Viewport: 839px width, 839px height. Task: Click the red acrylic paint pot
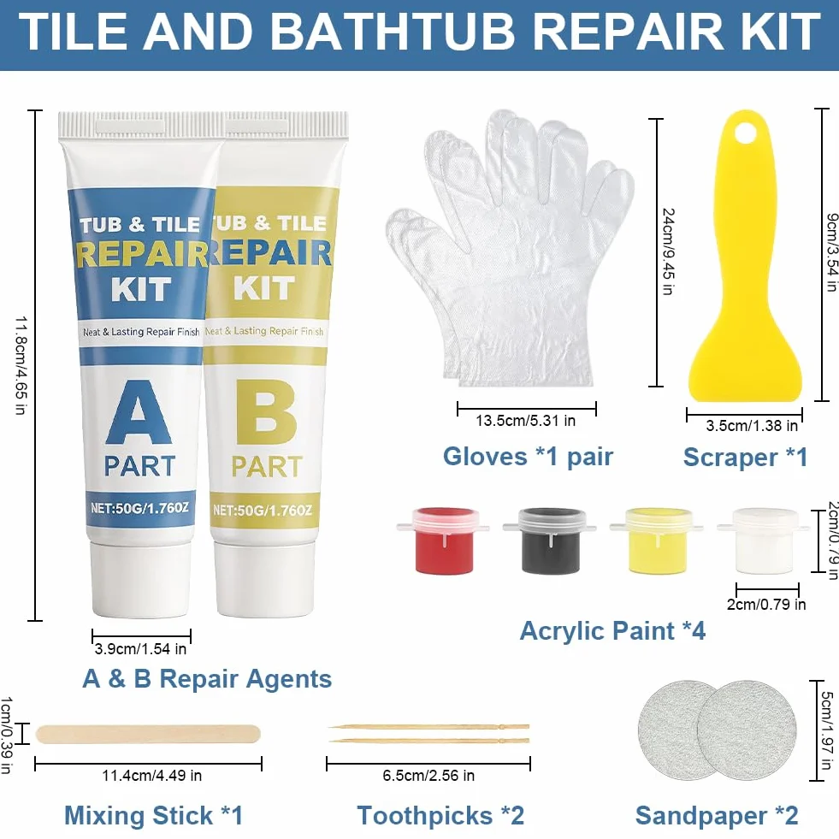444,541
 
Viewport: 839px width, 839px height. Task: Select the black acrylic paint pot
550,541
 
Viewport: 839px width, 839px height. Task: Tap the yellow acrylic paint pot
657,541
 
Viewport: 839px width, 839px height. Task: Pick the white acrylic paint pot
764,541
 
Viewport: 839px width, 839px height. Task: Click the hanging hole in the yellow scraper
745,133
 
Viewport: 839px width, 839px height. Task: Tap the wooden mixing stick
148,734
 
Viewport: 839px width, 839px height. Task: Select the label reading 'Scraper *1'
746,458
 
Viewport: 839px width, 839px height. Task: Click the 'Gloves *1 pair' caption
529,457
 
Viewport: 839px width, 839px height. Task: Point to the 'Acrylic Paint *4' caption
612,631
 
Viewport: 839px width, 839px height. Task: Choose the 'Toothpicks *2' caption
440,816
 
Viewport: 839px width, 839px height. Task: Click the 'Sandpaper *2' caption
717,816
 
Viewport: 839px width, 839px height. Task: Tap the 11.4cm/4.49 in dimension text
152,776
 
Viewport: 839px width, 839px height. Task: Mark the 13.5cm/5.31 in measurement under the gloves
525,421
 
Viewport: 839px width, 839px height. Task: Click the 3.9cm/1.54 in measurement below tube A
141,649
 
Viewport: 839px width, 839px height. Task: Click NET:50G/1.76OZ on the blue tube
139,508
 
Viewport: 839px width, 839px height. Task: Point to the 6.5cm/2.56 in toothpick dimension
428,776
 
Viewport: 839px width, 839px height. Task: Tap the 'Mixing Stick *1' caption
154,816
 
